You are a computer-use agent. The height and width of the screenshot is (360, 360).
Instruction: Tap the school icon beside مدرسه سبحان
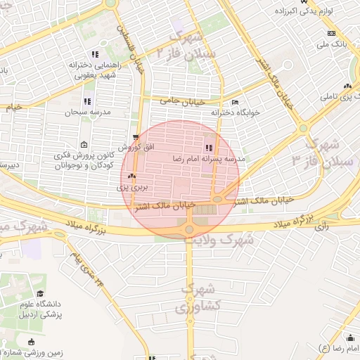tap(87, 102)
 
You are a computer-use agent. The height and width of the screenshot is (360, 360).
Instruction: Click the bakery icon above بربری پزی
tap(132, 176)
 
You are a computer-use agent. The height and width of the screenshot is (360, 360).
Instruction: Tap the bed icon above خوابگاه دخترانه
tap(235, 101)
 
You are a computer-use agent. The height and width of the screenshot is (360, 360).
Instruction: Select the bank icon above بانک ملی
tap(331, 34)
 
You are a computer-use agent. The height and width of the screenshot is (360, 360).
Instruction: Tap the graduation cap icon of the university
tap(40, 293)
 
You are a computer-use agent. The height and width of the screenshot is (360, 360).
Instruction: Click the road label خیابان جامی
tap(175, 101)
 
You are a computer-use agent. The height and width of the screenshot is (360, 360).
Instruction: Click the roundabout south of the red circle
tap(188, 229)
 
